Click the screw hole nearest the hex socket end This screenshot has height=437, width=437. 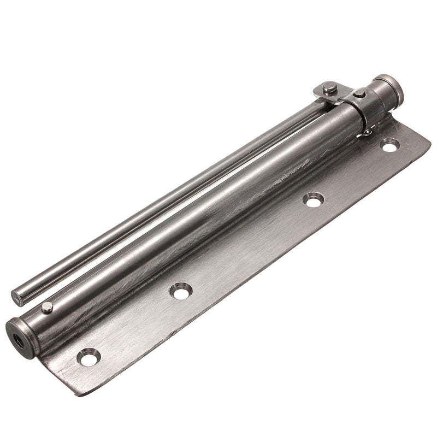pos(88,357)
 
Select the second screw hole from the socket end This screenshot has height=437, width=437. pos(180,290)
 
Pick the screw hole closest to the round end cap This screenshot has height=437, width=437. pos(389,145)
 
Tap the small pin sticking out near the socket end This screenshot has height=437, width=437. pos(47,308)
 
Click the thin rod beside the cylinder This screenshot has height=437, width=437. pos(164,197)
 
